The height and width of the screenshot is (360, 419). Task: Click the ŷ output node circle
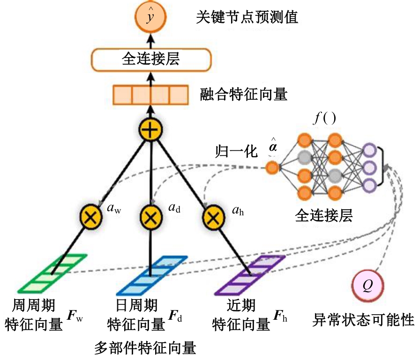[149, 17]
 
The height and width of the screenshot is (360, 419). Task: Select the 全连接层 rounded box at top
[150, 59]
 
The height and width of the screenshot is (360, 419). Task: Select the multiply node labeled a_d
[150, 217]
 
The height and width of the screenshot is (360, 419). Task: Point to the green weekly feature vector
[52, 274]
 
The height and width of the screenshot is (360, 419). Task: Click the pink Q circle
[367, 285]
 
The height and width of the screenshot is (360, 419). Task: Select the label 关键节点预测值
[247, 18]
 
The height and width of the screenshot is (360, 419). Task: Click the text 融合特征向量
[243, 95]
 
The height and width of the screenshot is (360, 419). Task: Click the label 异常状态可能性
[363, 320]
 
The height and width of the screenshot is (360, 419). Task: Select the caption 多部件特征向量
[145, 347]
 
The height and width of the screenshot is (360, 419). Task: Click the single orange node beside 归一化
[271, 166]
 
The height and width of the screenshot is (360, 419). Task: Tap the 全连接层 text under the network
[324, 215]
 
